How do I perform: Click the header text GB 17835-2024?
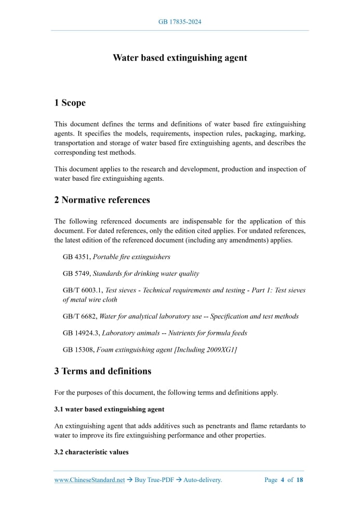180,22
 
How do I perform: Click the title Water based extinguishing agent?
180,58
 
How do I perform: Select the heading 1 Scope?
70,103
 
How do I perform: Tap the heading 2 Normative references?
102,200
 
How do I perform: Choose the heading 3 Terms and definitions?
103,371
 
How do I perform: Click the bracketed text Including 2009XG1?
206,350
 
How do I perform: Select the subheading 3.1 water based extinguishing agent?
109,409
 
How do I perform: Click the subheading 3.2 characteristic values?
91,452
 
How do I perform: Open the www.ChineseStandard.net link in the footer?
89,480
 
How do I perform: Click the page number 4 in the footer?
282,480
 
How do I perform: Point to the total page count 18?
300,480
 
